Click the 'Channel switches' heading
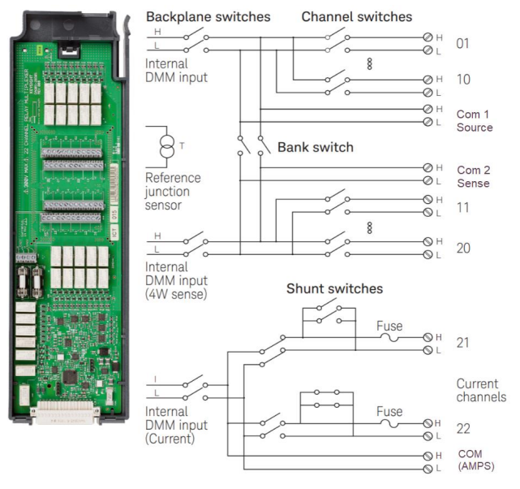pyautogui.click(x=356, y=16)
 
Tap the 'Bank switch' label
pyautogui.click(x=316, y=148)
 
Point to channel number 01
pyautogui.click(x=462, y=43)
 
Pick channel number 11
pyautogui.click(x=462, y=206)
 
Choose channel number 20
pyautogui.click(x=463, y=249)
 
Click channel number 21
pyautogui.click(x=462, y=344)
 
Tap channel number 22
pyautogui.click(x=463, y=429)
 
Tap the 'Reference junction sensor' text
pyautogui.click(x=173, y=191)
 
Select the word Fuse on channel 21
pyautogui.click(x=389, y=327)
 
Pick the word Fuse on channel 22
pyautogui.click(x=389, y=412)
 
